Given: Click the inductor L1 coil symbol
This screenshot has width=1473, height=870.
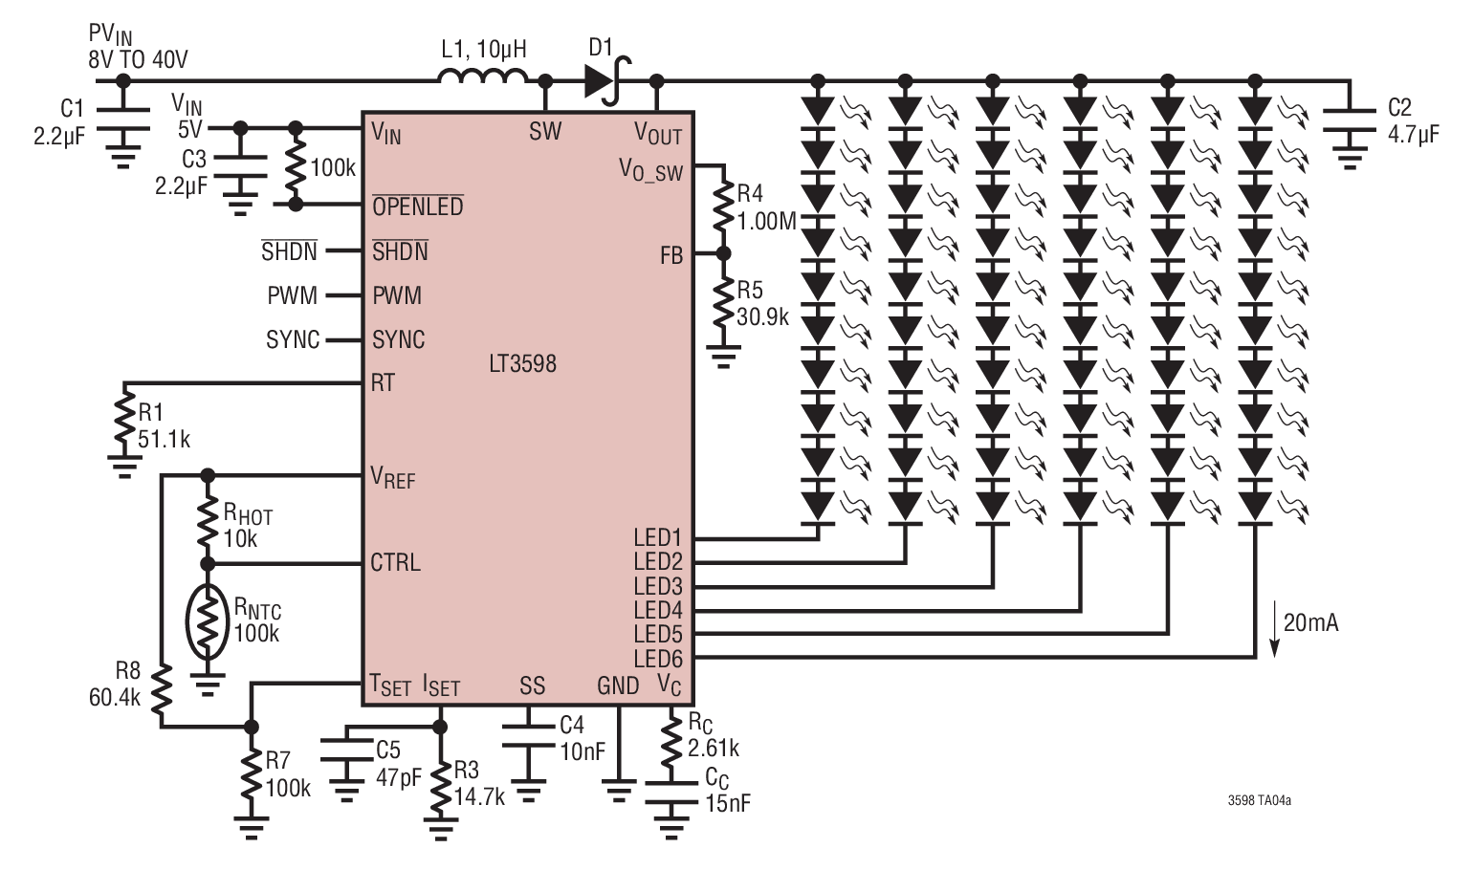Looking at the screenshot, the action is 483,76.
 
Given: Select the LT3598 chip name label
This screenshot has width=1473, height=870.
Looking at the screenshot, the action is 523,363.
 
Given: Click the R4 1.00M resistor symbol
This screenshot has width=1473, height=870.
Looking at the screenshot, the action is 723,205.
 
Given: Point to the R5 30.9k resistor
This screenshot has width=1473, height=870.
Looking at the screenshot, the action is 723,301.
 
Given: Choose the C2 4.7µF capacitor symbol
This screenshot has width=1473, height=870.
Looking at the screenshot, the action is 1350,120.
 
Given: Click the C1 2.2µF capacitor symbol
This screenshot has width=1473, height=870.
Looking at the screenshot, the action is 123,119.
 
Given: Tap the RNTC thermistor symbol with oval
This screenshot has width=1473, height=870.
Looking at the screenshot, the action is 208,622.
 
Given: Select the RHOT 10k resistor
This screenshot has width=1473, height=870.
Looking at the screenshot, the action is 208,520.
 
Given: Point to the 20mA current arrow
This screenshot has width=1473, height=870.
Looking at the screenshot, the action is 1274,628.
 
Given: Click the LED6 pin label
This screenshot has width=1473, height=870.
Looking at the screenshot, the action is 658,659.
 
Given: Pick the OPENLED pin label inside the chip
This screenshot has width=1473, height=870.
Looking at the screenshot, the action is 418,207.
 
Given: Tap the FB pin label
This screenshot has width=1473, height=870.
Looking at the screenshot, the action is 671,255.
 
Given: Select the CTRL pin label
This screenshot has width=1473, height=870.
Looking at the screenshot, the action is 395,562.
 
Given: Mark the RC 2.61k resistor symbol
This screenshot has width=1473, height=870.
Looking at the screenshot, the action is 671,741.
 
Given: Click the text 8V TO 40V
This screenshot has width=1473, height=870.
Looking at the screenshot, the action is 138,60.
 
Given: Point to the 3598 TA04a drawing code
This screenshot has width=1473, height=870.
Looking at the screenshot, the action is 1260,800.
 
